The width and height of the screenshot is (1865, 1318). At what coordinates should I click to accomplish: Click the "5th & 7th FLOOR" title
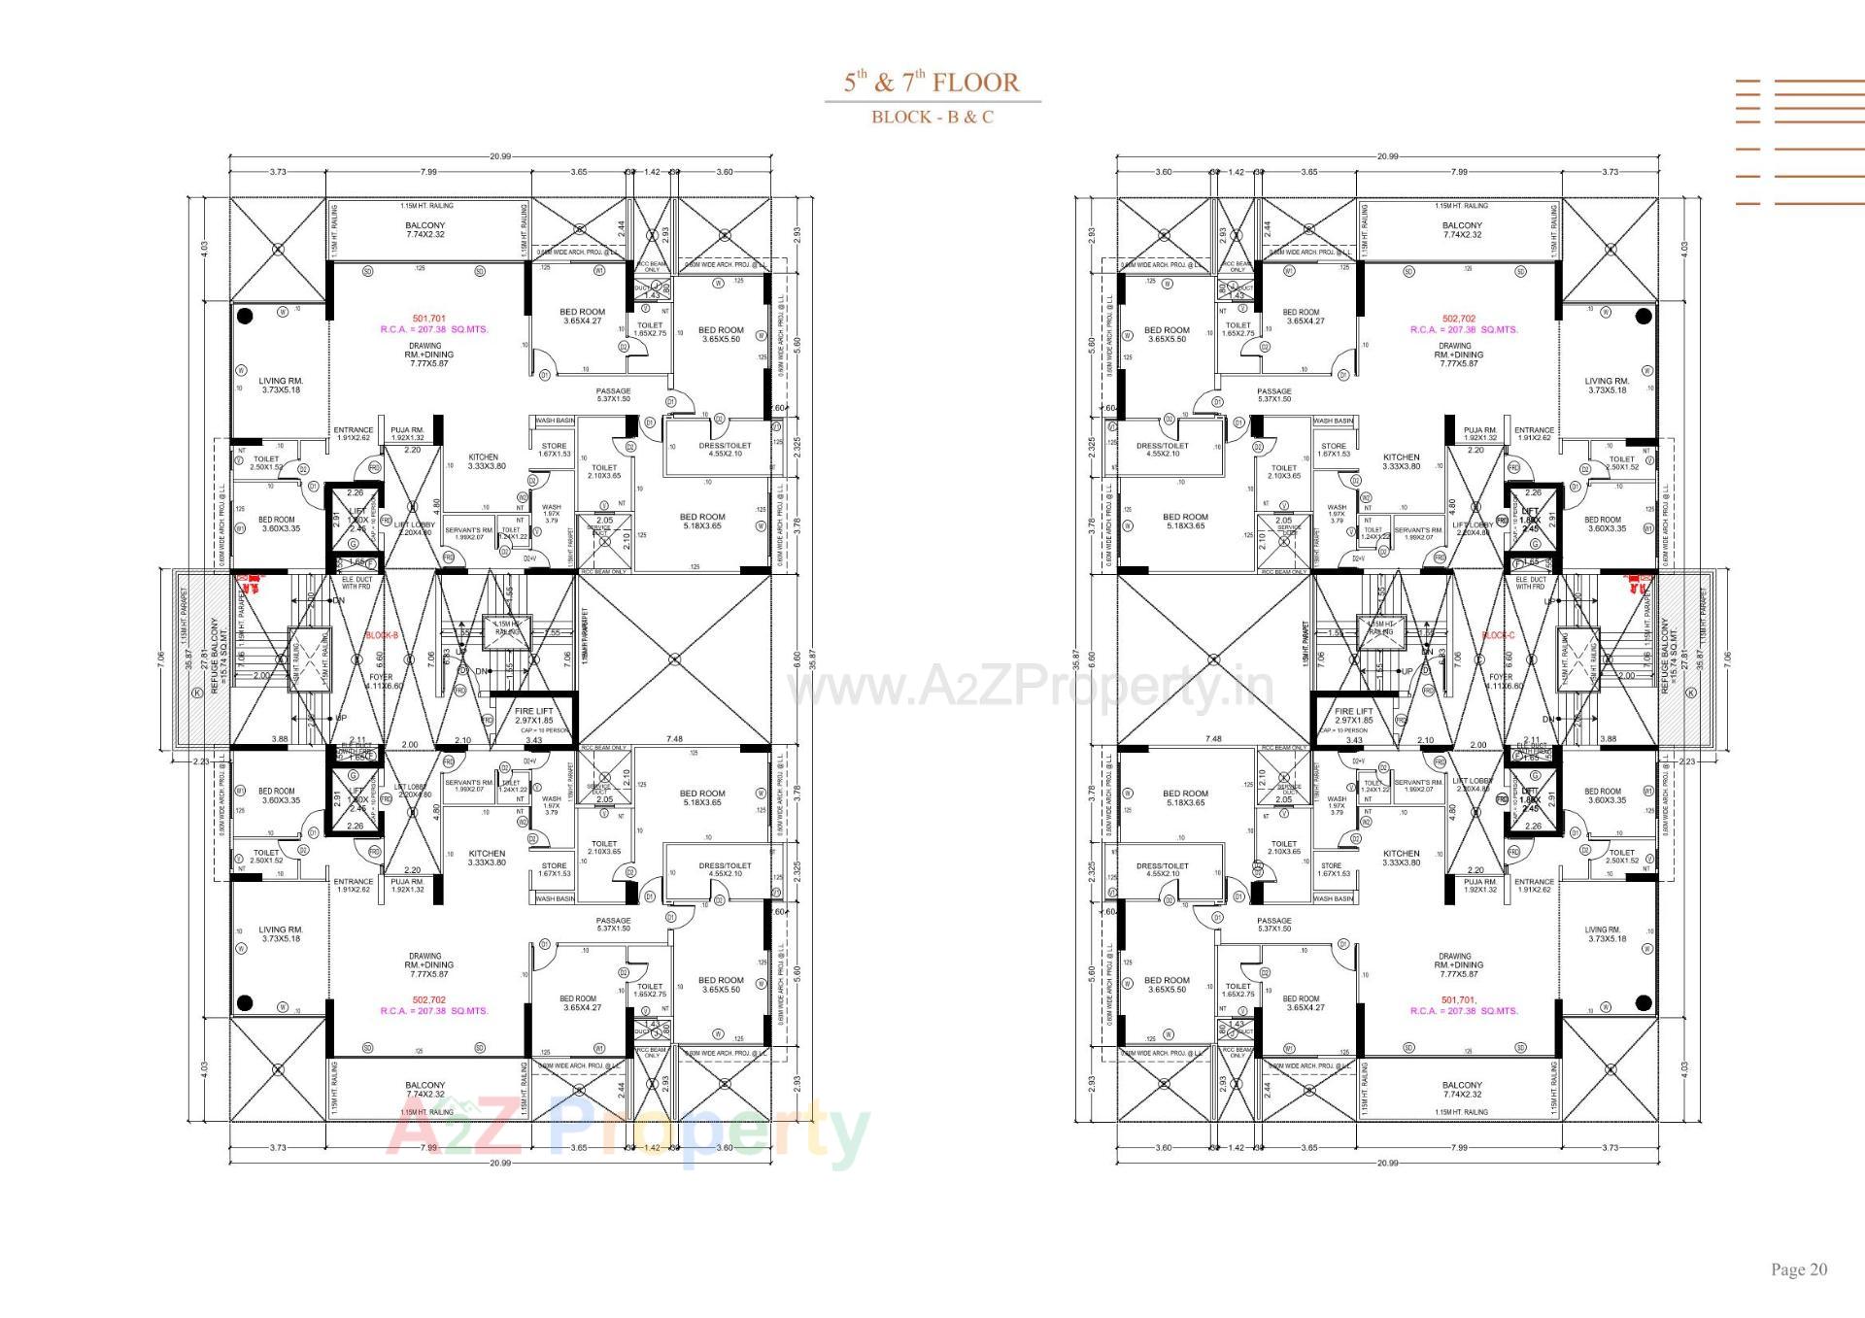pyautogui.click(x=932, y=82)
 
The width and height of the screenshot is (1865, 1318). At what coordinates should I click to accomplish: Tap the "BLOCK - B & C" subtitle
pyautogui.click(x=932, y=118)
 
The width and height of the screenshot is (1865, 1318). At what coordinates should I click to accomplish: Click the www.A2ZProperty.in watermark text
pyautogui.click(x=1030, y=688)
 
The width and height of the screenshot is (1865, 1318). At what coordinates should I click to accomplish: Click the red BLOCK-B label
pyautogui.click(x=382, y=635)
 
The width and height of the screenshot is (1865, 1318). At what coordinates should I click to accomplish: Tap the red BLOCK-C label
pyautogui.click(x=1499, y=635)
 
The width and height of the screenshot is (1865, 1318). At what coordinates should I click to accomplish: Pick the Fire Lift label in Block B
pyautogui.click(x=533, y=716)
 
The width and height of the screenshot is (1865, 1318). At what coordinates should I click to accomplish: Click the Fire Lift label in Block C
pyautogui.click(x=1354, y=716)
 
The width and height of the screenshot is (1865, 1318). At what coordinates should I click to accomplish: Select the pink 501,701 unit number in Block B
pyautogui.click(x=428, y=319)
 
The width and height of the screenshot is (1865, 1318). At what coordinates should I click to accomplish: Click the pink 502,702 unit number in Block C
pyautogui.click(x=1458, y=319)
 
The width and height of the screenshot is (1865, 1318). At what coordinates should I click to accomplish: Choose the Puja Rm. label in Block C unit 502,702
pyautogui.click(x=1481, y=433)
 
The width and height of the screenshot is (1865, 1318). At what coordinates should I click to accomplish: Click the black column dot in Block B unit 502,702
pyautogui.click(x=246, y=1003)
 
